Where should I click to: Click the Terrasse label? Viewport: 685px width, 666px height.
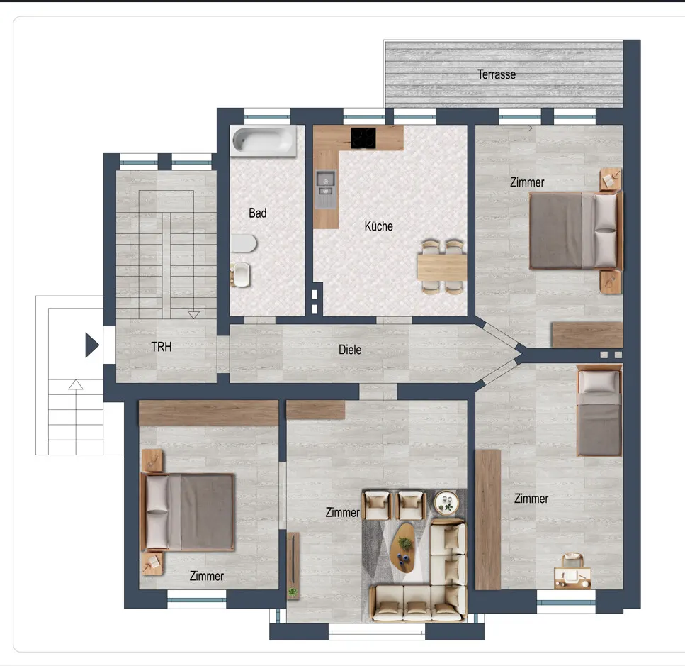point(497,74)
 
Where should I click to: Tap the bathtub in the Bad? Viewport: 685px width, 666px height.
point(264,140)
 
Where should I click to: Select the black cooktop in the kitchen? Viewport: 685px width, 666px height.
point(363,138)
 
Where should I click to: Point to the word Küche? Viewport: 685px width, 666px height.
point(378,226)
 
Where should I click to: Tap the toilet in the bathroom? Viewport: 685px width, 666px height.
point(244,243)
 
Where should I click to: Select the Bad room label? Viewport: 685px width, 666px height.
point(257,213)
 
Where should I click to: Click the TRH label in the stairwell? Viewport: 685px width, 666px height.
point(162,347)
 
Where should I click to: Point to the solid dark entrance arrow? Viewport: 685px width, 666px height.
point(92,345)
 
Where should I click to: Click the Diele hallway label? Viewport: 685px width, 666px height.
point(350,350)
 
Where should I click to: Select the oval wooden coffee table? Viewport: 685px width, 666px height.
point(403,548)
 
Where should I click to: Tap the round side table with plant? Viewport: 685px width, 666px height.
point(446,502)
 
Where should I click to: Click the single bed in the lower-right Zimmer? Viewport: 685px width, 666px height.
point(599,411)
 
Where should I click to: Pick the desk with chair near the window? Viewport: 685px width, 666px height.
point(573,572)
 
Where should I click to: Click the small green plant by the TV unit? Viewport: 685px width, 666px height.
point(293,592)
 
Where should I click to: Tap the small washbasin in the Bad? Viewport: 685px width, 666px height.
point(240,274)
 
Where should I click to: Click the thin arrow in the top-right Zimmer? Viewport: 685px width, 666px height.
point(517,128)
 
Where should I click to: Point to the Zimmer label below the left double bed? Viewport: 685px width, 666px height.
point(206,576)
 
